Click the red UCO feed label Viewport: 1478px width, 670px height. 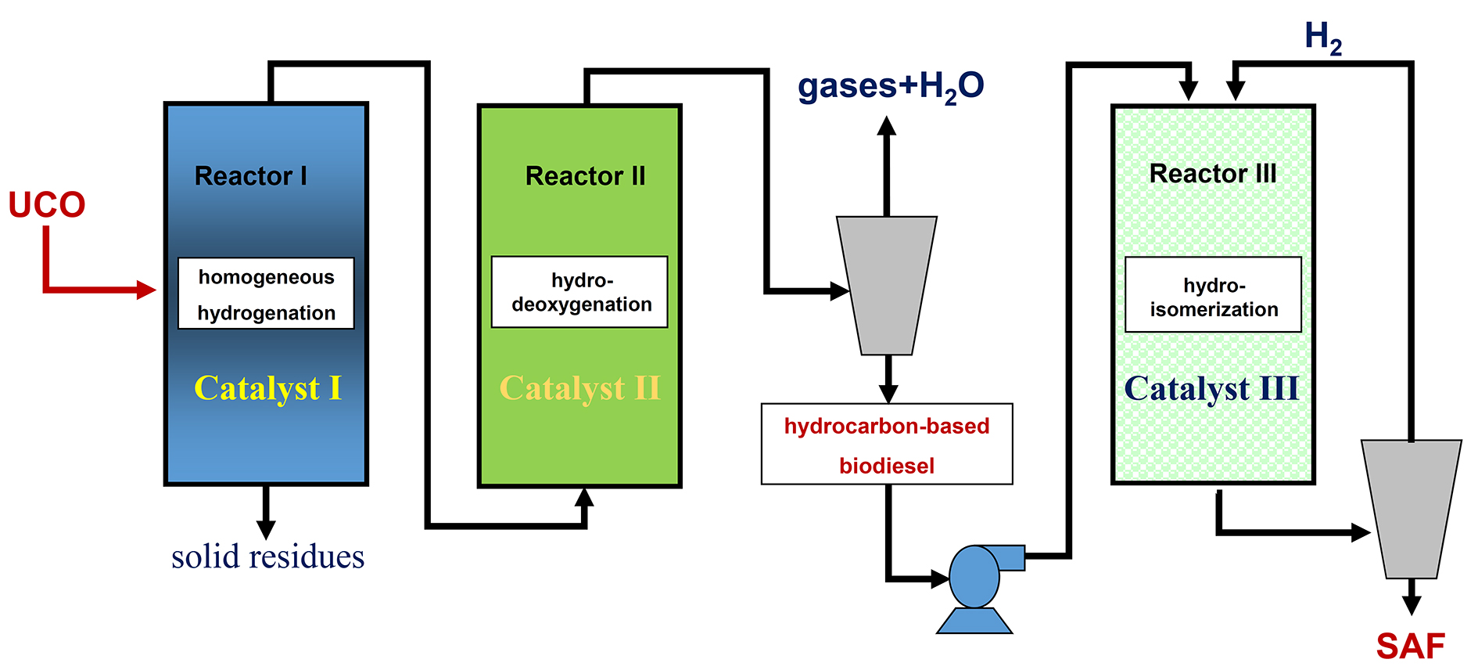pyautogui.click(x=47, y=205)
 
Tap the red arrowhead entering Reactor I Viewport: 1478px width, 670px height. pyautogui.click(x=146, y=290)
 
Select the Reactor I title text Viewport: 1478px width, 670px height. pyautogui.click(x=250, y=176)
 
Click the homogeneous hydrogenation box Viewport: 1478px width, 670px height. pyautogui.click(x=266, y=294)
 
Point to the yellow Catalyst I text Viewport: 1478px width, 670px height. pyautogui.click(x=267, y=388)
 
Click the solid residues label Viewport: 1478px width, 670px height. pyautogui.click(x=267, y=557)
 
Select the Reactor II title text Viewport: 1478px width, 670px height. pyautogui.click(x=585, y=176)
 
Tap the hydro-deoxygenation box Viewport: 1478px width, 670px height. pyautogui.click(x=579, y=292)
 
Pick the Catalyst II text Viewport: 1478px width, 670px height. pyautogui.click(x=579, y=388)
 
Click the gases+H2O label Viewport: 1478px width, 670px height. pyautogui.click(x=890, y=86)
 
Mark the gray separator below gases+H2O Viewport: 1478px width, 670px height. pyautogui.click(x=887, y=286)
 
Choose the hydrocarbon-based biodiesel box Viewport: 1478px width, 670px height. pyautogui.click(x=887, y=445)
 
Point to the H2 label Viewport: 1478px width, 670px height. pyautogui.click(x=1323, y=38)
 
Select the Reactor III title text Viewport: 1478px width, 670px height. pyautogui.click(x=1212, y=174)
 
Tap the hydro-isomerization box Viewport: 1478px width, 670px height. pyautogui.click(x=1213, y=295)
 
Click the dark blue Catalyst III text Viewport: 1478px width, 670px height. pyautogui.click(x=1211, y=388)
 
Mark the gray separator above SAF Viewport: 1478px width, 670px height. pyautogui.click(x=1412, y=509)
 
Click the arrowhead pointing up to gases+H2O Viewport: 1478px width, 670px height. pyautogui.click(x=886, y=126)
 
